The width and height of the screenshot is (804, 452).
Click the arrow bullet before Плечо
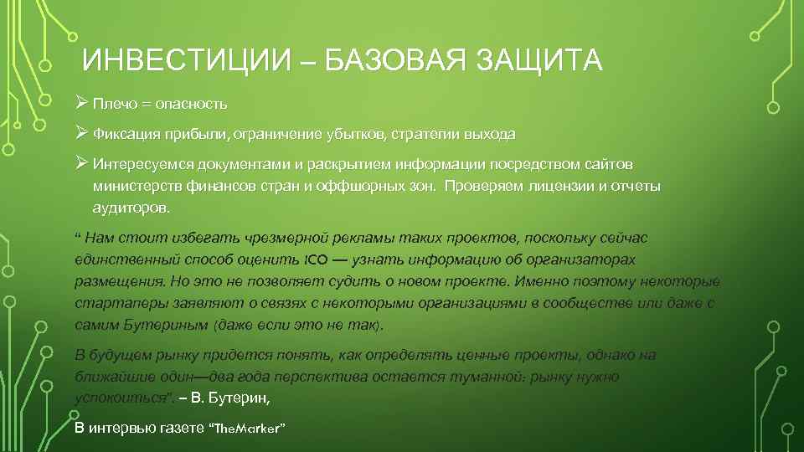80,104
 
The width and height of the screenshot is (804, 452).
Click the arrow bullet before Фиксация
80,133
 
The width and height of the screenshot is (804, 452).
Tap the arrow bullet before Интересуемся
80,161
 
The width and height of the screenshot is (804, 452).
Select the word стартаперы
112,303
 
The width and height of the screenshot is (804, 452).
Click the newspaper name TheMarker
250,429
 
